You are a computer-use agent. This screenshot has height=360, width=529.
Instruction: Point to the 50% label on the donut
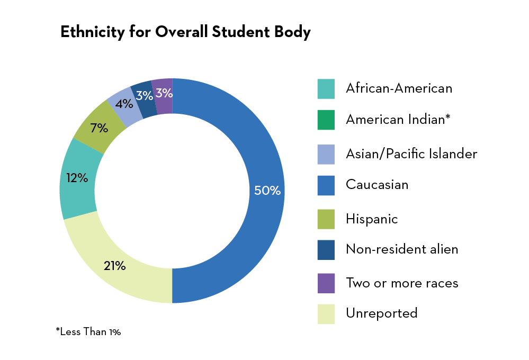click(x=267, y=191)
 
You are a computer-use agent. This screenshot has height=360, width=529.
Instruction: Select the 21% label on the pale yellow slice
click(x=114, y=266)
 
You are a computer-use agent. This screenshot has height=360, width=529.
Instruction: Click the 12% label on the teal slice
click(x=77, y=178)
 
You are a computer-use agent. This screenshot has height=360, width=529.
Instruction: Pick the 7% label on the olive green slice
click(x=99, y=128)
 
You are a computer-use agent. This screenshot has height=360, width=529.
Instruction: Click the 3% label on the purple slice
click(x=164, y=93)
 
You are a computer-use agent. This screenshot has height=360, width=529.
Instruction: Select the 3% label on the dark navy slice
click(x=144, y=96)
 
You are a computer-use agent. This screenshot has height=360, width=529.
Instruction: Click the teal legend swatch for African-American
click(x=326, y=88)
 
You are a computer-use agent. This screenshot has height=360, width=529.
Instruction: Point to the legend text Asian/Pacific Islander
click(x=411, y=154)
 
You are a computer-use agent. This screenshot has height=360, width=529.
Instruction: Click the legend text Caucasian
click(x=376, y=185)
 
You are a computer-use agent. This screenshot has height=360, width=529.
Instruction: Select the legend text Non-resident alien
click(x=401, y=249)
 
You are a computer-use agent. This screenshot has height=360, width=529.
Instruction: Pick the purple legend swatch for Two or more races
click(x=326, y=283)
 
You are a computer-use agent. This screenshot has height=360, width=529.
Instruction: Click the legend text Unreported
click(x=381, y=313)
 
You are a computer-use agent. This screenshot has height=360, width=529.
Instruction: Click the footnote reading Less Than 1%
click(x=88, y=332)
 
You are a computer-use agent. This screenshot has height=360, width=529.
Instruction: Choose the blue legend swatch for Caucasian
click(x=326, y=186)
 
